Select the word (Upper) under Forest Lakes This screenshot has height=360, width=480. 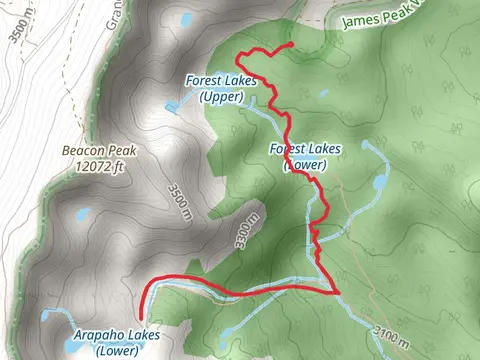coord(220,96)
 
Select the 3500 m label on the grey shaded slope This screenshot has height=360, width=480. coord(176,195)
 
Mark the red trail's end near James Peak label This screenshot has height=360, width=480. coord(290,45)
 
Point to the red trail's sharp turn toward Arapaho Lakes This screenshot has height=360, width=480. coord(338,292)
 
